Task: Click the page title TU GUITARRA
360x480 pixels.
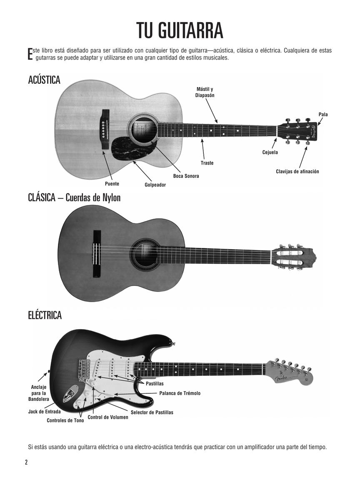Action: (x=180, y=31)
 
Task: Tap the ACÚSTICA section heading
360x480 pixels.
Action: (x=44, y=80)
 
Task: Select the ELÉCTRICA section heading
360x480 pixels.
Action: (x=45, y=315)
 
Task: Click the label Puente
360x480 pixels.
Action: (x=112, y=184)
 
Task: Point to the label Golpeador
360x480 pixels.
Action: (x=155, y=185)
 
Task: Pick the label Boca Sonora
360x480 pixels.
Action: (x=186, y=176)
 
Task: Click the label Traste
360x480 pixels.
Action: (x=207, y=163)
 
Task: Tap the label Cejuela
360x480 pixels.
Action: (x=270, y=152)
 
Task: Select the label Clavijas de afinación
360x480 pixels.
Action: (x=297, y=172)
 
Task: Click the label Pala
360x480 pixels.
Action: (x=323, y=114)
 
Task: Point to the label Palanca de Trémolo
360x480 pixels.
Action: (x=180, y=393)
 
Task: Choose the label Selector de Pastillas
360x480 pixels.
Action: (x=152, y=412)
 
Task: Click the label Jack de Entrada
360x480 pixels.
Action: (x=44, y=412)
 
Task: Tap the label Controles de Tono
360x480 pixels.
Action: (x=65, y=420)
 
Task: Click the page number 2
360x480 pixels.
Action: (x=26, y=462)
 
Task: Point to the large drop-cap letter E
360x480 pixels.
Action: (x=30, y=54)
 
